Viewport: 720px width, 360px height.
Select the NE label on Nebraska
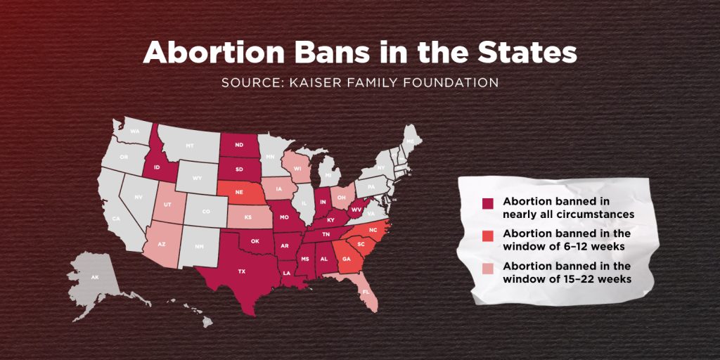click(x=240, y=191)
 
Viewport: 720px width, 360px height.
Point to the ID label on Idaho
click(x=155, y=169)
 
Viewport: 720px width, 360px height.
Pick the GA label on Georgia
click(x=346, y=258)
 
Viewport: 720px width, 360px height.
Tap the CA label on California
click(x=117, y=219)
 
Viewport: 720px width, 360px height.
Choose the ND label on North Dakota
click(x=239, y=146)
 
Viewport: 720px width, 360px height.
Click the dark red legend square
click(x=488, y=204)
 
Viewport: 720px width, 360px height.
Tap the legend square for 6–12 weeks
click(x=488, y=236)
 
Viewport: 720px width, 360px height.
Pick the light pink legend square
click(x=488, y=268)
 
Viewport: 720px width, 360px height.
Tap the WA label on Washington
click(x=134, y=131)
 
